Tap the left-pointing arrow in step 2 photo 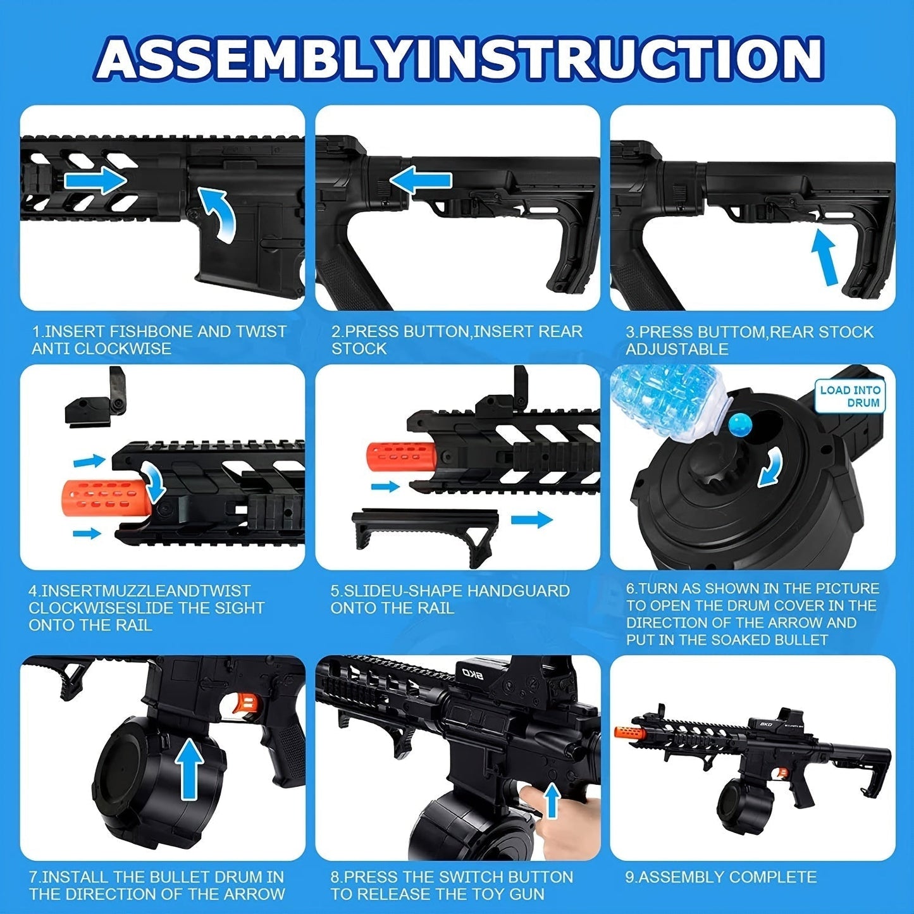(x=420, y=180)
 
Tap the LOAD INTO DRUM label (x=850, y=396)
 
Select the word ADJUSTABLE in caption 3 (x=676, y=349)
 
